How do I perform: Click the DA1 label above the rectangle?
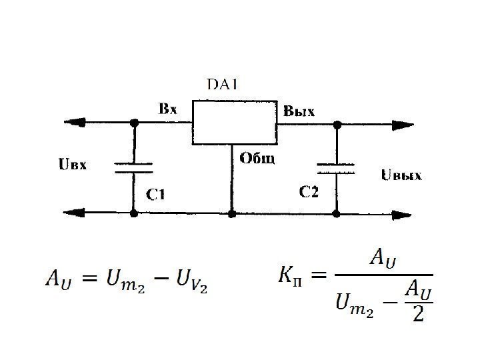tap(223, 84)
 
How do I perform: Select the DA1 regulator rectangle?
tap(235, 123)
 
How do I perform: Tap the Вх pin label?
tap(167, 109)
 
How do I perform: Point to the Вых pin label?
tap(299, 110)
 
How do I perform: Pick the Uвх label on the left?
tap(73, 164)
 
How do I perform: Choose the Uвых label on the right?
tap(401, 176)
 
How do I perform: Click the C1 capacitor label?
tap(156, 195)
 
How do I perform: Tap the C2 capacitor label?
tap(309, 193)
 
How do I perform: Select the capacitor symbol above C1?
tap(134, 167)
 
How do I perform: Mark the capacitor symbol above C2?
tap(336, 167)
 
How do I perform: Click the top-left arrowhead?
tap(74, 123)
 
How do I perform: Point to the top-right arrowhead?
tap(402, 124)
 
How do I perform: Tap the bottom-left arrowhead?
tap(74, 213)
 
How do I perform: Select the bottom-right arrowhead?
tap(402, 214)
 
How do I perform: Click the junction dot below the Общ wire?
tap(231, 214)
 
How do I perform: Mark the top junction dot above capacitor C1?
tap(134, 123)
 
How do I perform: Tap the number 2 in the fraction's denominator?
tap(418, 313)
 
